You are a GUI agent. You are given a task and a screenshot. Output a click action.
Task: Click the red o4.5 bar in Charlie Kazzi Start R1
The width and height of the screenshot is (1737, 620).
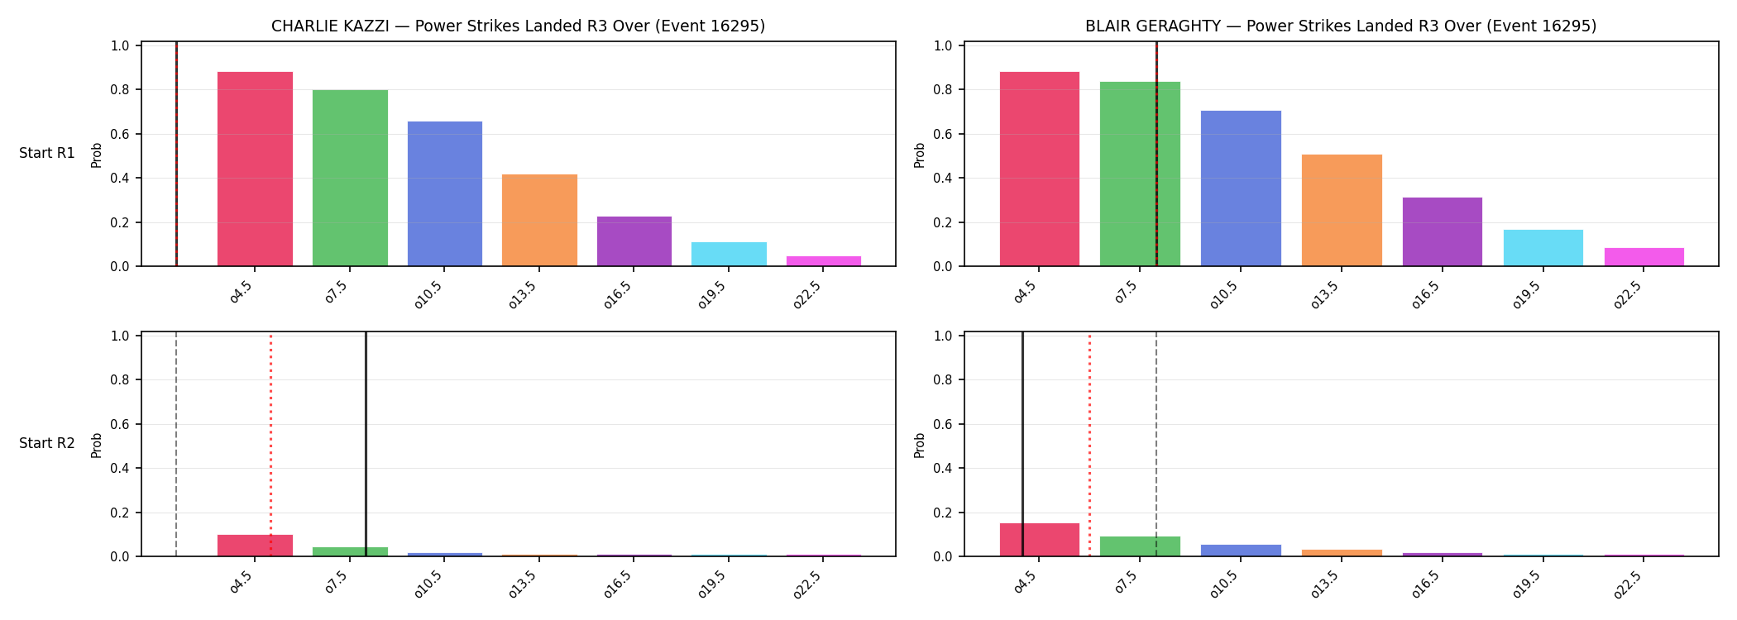[x=255, y=169]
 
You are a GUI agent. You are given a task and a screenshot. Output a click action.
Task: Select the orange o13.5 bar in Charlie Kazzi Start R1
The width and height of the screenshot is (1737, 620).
[x=539, y=220]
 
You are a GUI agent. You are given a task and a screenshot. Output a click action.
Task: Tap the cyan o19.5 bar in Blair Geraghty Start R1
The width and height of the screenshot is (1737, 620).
[x=1543, y=248]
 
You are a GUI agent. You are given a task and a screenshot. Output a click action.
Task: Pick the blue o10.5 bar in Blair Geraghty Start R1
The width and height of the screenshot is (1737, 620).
[x=1241, y=188]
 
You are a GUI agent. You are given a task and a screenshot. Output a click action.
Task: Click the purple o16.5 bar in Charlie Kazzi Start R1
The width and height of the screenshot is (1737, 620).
[x=634, y=241]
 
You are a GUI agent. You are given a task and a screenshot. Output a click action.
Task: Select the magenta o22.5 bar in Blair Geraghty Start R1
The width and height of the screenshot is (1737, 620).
[x=1644, y=257]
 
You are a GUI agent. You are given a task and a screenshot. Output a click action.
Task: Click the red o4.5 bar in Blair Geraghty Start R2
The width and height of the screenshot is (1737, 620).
[x=1040, y=540]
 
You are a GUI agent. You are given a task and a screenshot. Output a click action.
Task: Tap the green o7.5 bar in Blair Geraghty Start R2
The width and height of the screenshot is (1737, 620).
[x=1140, y=546]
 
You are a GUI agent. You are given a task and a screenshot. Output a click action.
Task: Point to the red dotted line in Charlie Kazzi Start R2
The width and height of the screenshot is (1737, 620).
[x=270, y=445]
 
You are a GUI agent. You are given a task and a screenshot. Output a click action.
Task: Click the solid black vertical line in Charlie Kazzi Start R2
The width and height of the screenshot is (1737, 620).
[x=366, y=445]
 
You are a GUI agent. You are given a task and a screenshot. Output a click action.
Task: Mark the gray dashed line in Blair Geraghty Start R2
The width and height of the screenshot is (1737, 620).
[x=1156, y=445]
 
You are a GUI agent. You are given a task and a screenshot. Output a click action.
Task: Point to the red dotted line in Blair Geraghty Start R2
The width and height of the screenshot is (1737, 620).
[x=1089, y=445]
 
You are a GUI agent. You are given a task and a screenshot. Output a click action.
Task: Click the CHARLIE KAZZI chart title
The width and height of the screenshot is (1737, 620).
[x=519, y=26]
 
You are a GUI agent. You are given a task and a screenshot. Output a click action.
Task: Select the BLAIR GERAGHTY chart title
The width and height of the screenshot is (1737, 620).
[x=1341, y=26]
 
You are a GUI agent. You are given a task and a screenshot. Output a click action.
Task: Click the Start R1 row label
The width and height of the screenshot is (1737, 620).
[x=47, y=153]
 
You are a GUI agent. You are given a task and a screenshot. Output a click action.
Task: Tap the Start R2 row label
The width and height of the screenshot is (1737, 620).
[x=47, y=443]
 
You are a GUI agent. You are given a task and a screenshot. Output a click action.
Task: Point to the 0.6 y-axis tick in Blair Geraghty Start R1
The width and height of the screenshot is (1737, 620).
[x=942, y=134]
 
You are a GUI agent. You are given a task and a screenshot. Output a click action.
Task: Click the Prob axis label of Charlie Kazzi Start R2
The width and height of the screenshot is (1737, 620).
[x=97, y=445]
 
